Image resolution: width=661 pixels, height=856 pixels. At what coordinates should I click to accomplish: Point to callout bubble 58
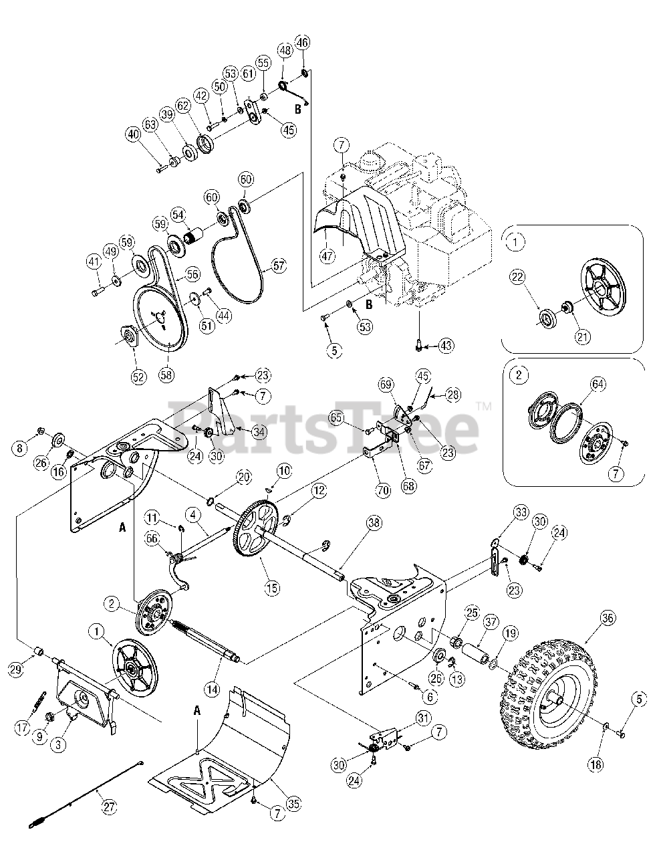pyautogui.click(x=165, y=374)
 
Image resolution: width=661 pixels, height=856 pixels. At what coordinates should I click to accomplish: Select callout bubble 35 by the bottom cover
pyautogui.click(x=292, y=805)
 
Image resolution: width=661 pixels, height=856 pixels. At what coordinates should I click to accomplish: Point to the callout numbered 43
pyautogui.click(x=445, y=346)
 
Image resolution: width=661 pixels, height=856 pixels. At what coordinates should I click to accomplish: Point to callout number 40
pyautogui.click(x=134, y=134)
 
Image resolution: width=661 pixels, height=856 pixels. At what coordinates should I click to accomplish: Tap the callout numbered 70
pyautogui.click(x=382, y=492)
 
